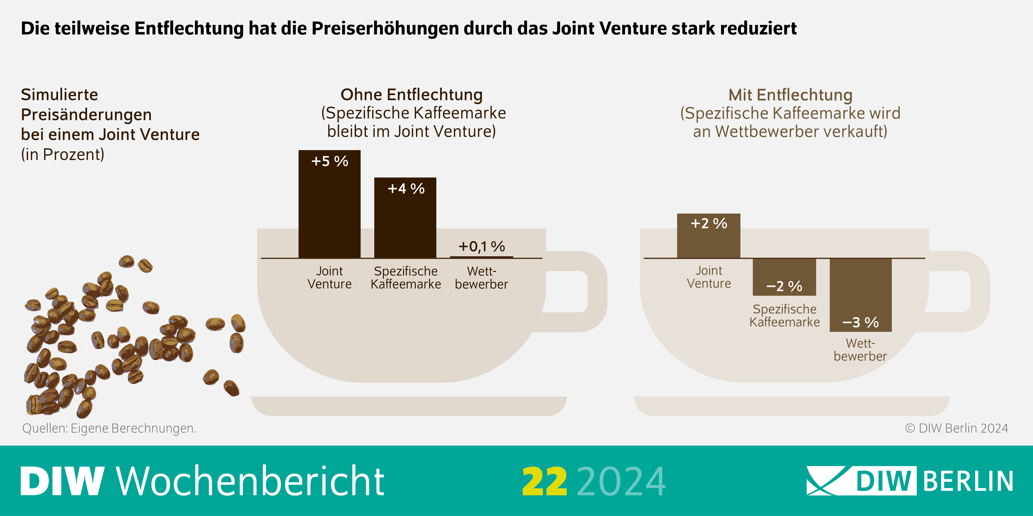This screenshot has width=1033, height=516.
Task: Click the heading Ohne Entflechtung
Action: click(x=411, y=95)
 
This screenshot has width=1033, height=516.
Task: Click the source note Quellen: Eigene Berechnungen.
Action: click(x=109, y=428)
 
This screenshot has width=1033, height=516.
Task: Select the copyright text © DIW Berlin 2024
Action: click(x=956, y=428)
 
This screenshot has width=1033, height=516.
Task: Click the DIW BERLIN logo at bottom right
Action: click(x=909, y=481)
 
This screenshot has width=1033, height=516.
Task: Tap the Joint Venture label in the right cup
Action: click(x=709, y=277)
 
